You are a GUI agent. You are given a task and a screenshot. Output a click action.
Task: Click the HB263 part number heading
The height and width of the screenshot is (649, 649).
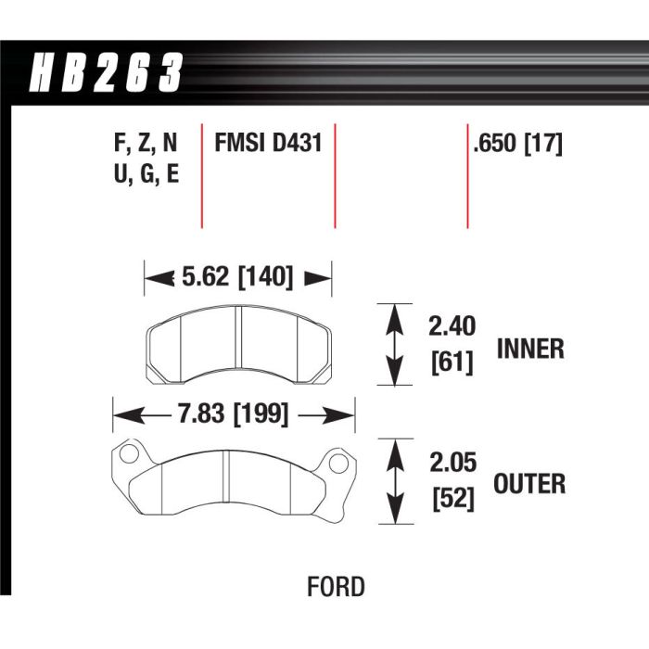click(106, 72)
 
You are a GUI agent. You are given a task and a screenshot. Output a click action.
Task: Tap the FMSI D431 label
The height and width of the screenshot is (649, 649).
click(268, 143)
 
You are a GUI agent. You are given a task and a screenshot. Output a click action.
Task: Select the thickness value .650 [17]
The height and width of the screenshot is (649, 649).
click(518, 144)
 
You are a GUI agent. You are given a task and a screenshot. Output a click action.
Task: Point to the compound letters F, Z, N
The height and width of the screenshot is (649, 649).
click(146, 143)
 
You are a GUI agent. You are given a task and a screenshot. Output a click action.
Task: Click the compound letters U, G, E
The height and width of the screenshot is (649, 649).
click(146, 174)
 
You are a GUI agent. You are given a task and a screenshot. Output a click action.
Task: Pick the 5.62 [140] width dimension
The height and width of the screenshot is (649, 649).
click(237, 276)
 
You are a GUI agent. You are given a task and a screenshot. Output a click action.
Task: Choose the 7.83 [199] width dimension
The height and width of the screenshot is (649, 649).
click(233, 414)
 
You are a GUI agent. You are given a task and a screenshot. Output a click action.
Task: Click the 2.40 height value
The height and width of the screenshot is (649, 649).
click(452, 326)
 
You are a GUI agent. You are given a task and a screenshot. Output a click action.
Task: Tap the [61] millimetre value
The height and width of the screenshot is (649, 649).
click(452, 363)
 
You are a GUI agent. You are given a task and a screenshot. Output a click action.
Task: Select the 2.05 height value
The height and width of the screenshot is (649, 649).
click(452, 462)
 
